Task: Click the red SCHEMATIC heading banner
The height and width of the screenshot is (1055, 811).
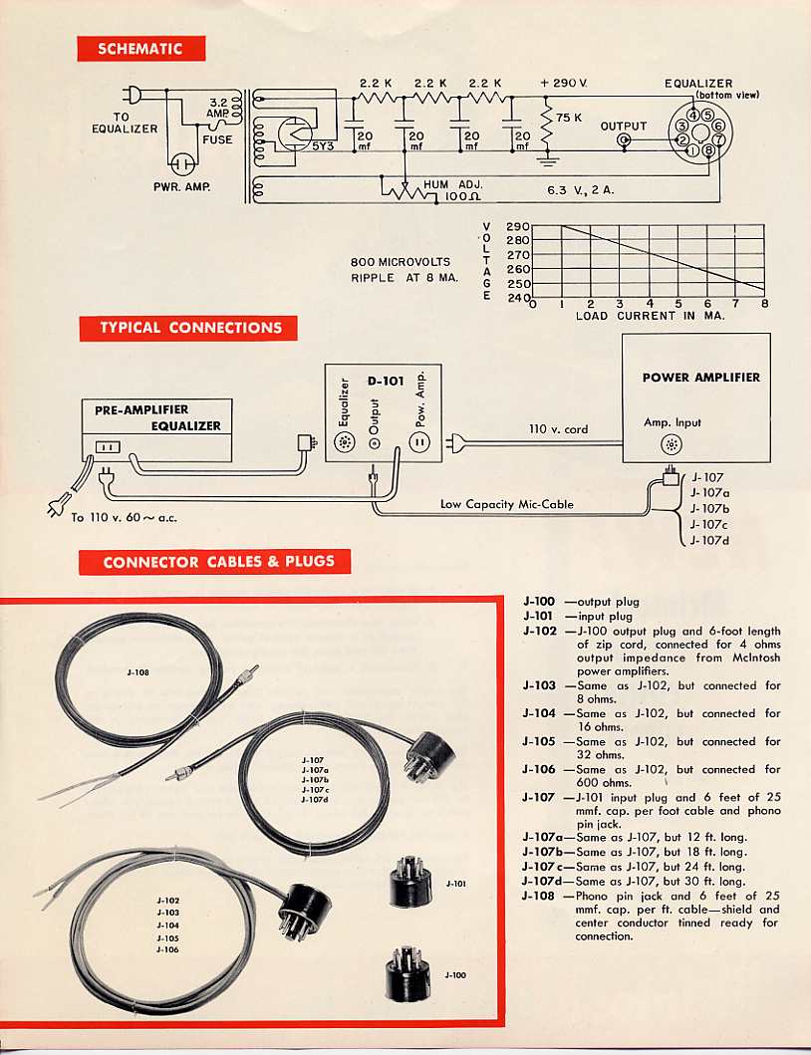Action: pyautogui.click(x=141, y=48)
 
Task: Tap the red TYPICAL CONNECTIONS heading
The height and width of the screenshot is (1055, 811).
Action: pyautogui.click(x=188, y=328)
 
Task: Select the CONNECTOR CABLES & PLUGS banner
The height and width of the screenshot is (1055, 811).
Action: pyautogui.click(x=218, y=562)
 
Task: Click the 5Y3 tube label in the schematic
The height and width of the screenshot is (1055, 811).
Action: pyautogui.click(x=323, y=145)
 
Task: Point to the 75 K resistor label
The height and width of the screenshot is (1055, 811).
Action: pyautogui.click(x=569, y=117)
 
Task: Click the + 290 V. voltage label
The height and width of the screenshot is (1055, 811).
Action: pyautogui.click(x=564, y=84)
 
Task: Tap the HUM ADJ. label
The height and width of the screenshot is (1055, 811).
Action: pyautogui.click(x=453, y=184)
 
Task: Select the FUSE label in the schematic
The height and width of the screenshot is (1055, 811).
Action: pyautogui.click(x=217, y=139)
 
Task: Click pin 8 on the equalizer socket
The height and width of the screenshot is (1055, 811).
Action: pyautogui.click(x=707, y=151)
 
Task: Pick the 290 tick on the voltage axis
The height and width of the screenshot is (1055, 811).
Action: pyautogui.click(x=518, y=227)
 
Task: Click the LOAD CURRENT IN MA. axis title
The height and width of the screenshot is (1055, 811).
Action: pyautogui.click(x=650, y=316)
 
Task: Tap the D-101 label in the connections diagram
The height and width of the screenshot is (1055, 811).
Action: pyautogui.click(x=385, y=380)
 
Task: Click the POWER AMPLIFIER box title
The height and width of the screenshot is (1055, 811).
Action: pyautogui.click(x=700, y=378)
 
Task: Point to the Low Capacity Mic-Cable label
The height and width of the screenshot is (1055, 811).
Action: pyautogui.click(x=507, y=504)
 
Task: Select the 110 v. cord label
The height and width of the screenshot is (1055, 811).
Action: pyautogui.click(x=558, y=429)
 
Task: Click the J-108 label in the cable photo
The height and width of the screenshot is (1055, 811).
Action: pyautogui.click(x=138, y=672)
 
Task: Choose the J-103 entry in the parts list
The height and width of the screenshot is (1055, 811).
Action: pyautogui.click(x=539, y=685)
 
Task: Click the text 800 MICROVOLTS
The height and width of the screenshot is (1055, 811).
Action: pyautogui.click(x=401, y=262)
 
